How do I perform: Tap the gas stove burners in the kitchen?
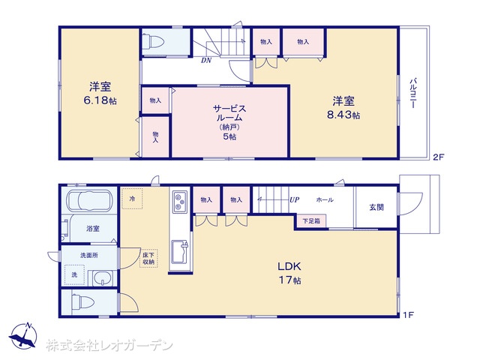[x=180, y=202]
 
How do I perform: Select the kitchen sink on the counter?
[x=180, y=252]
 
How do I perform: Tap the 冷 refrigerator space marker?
[x=132, y=199]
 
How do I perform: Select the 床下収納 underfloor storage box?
[x=148, y=258]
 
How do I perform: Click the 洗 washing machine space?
[x=74, y=275]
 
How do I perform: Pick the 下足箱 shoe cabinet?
[x=311, y=221]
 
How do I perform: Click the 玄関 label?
[x=376, y=207]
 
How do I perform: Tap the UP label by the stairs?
[x=294, y=200]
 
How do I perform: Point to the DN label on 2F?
[x=206, y=60]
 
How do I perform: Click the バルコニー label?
[x=413, y=93]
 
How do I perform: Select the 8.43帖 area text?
[x=343, y=115]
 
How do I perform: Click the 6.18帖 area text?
[x=100, y=100]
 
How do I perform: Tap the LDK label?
[x=289, y=266]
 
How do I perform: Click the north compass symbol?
[x=23, y=336]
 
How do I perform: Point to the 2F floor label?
[x=438, y=157]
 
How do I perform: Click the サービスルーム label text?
[x=229, y=113]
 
